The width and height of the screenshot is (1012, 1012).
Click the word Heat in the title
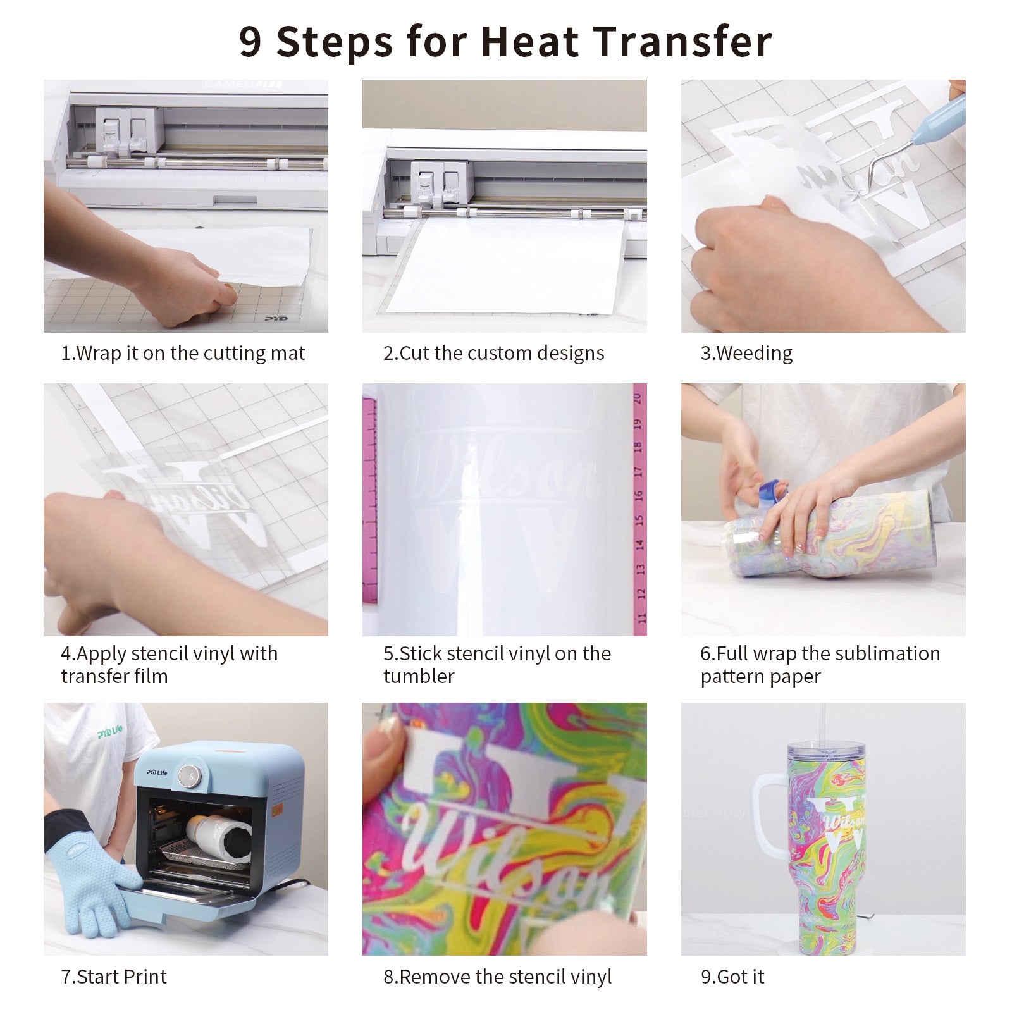pos(530,42)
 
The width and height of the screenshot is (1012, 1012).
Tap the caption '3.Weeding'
pos(746,353)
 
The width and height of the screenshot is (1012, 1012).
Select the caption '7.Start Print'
pos(114,977)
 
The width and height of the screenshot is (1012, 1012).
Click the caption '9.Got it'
pos(732,977)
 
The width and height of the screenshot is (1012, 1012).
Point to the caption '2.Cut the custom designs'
pos(494,353)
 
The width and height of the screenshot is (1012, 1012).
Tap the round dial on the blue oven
pos(188,775)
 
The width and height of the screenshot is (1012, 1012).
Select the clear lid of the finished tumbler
pos(825,753)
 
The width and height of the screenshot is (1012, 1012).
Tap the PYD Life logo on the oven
pos(157,772)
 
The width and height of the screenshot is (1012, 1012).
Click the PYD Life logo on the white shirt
pos(110,732)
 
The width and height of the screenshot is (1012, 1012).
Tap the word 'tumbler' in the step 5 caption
pos(419,676)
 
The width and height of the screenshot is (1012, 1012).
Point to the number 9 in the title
pos(250,42)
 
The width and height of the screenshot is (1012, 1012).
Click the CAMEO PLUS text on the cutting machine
pos(243,84)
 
